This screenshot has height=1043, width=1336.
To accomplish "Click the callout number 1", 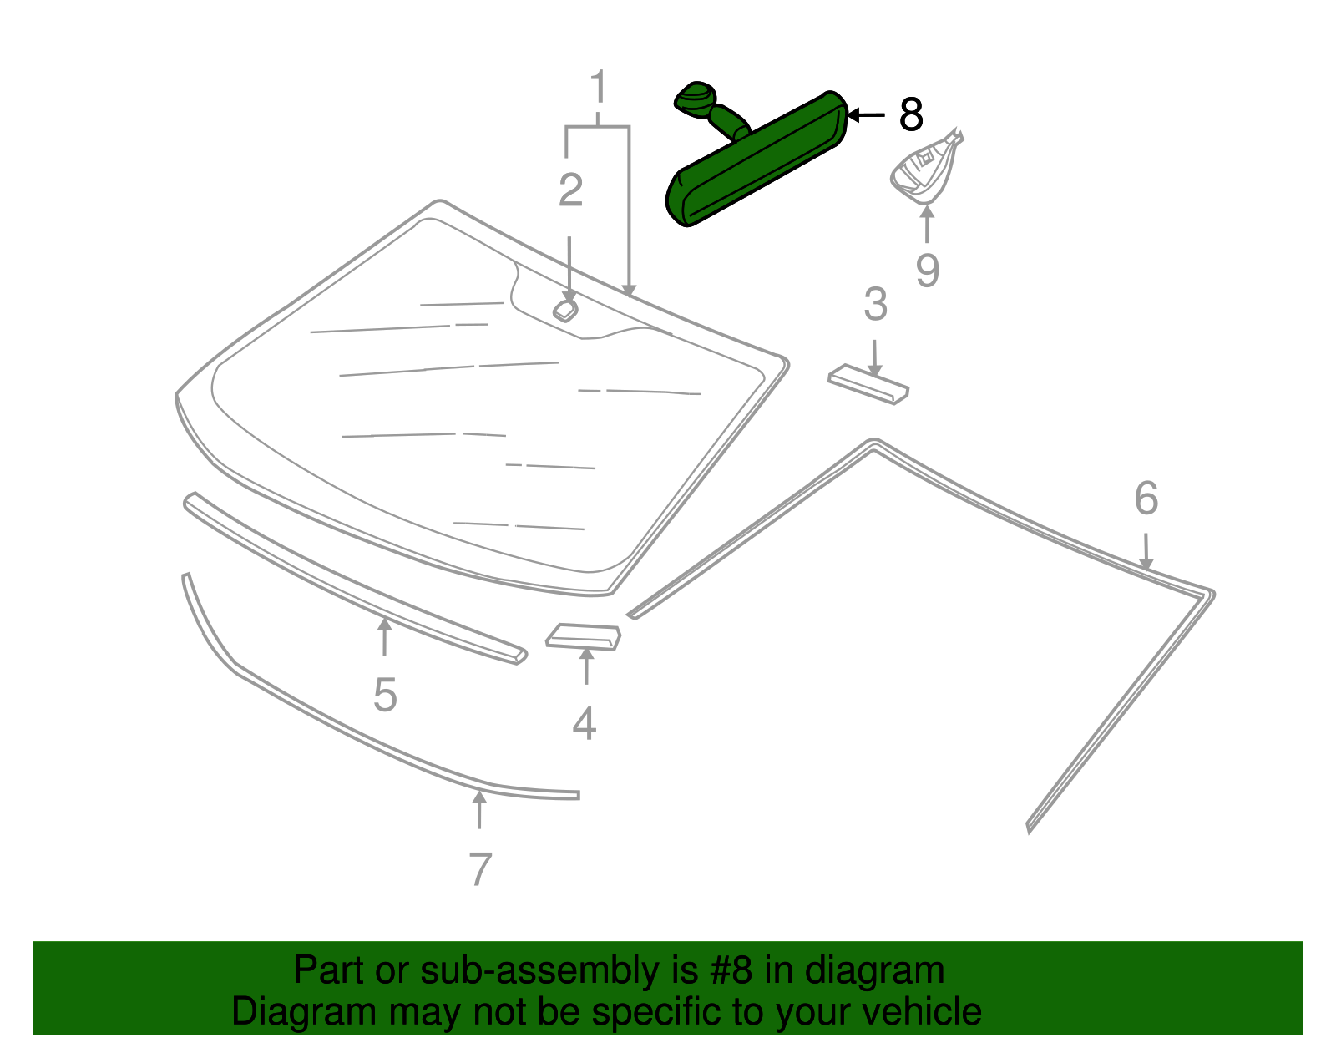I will [x=598, y=88].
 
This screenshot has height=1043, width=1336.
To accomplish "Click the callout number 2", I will [x=570, y=190].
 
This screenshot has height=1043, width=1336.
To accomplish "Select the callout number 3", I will [x=875, y=305].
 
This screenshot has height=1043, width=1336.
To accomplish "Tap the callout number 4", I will [x=584, y=723].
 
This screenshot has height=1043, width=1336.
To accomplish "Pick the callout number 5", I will [x=385, y=695].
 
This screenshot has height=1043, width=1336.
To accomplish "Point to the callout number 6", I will [x=1146, y=499].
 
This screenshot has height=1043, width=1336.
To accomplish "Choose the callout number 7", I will [x=479, y=869].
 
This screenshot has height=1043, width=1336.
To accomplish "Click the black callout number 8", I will [x=911, y=114].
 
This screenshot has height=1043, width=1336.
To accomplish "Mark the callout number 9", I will [x=927, y=271].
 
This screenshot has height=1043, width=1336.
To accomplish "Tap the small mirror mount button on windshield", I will [x=565, y=310].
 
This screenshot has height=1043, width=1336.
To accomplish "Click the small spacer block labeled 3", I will [x=868, y=383].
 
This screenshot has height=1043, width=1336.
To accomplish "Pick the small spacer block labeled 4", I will [x=584, y=636].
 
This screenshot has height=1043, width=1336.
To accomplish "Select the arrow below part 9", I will [x=926, y=224].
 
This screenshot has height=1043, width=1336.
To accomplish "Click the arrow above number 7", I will [x=479, y=809].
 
